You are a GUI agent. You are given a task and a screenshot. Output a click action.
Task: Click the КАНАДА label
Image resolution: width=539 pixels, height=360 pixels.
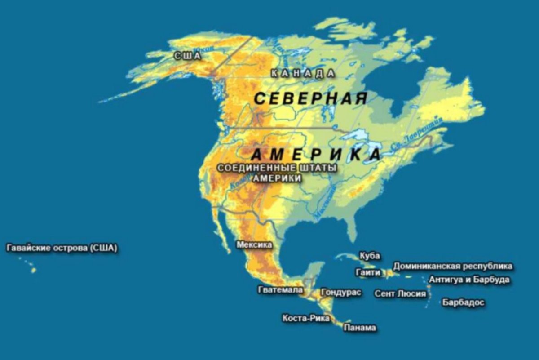click(x=303, y=74)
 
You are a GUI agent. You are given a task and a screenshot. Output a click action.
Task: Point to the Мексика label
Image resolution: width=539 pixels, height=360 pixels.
click(x=254, y=245)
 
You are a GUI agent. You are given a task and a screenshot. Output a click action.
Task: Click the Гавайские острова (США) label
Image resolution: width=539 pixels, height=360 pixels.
click(x=62, y=248)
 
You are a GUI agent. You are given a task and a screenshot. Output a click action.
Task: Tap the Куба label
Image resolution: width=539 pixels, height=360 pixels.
click(x=370, y=256)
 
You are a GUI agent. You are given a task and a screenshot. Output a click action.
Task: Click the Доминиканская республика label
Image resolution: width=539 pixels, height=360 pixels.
click(x=453, y=266)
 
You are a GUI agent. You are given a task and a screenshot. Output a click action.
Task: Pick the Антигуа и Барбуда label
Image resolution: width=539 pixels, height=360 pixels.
click(x=469, y=280)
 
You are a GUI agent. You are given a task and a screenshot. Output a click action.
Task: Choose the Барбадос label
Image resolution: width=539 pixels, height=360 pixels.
click(x=464, y=302)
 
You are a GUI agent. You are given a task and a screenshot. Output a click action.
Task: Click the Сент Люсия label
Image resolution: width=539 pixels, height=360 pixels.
click(x=400, y=294)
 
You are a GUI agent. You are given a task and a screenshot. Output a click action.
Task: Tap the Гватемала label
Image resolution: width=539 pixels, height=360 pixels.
click(x=280, y=290)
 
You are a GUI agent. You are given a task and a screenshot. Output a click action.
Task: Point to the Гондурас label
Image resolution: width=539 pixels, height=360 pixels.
click(x=341, y=292)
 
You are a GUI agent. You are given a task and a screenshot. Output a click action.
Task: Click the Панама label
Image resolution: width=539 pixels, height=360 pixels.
click(x=360, y=328)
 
